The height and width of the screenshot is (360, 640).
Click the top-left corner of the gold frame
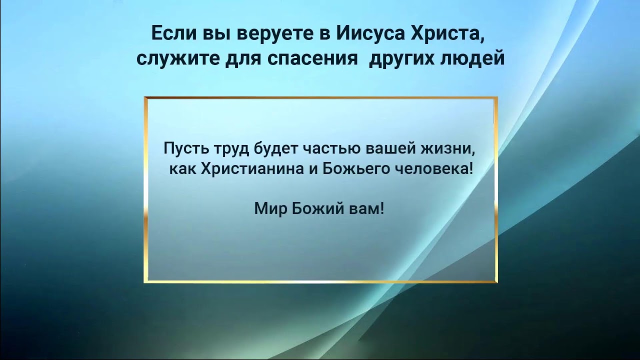coord(145,98)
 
